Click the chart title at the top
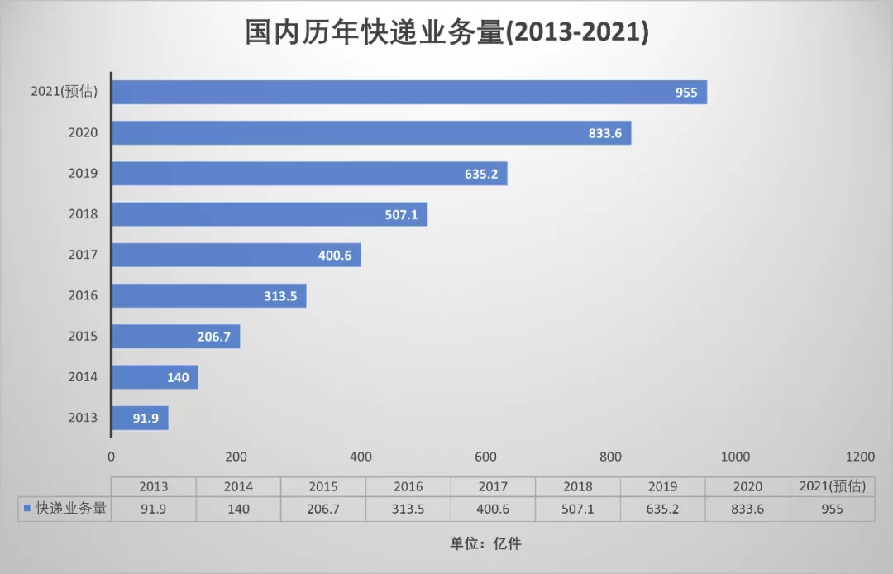pyautogui.click(x=446, y=33)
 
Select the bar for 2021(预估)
pyautogui.click(x=409, y=92)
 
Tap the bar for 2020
pyautogui.click(x=371, y=132)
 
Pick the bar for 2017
pyautogui.click(x=236, y=255)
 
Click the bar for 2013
pyautogui.click(x=140, y=418)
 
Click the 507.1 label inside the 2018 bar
pyautogui.click(x=401, y=214)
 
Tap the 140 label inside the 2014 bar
pyautogui.click(x=178, y=377)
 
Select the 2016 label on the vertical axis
pyautogui.click(x=83, y=295)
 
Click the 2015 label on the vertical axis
pyautogui.click(x=83, y=336)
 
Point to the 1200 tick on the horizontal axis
pyautogui.click(x=860, y=457)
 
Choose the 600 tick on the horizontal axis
pyautogui.click(x=485, y=457)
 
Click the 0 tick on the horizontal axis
pyautogui.click(x=112, y=457)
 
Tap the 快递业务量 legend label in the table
pyautogui.click(x=71, y=509)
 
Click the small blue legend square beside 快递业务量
pyautogui.click(x=27, y=509)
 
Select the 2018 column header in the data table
pyautogui.click(x=577, y=486)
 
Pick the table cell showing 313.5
pyautogui.click(x=408, y=509)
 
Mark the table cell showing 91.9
pyautogui.click(x=154, y=509)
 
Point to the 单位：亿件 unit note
pyautogui.click(x=485, y=543)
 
